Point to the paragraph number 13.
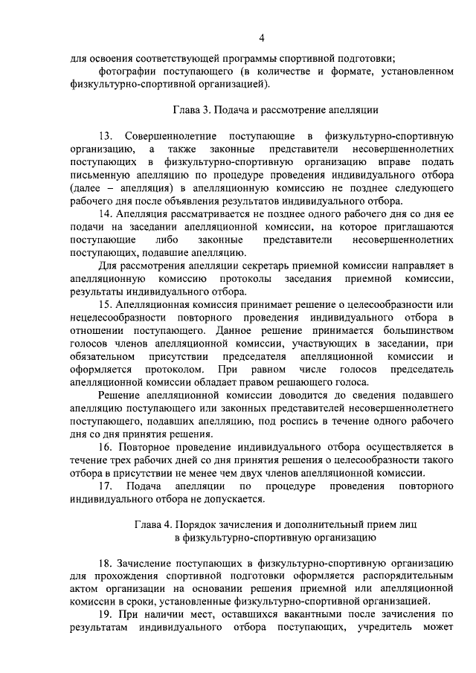(105, 136)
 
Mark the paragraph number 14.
(105, 215)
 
